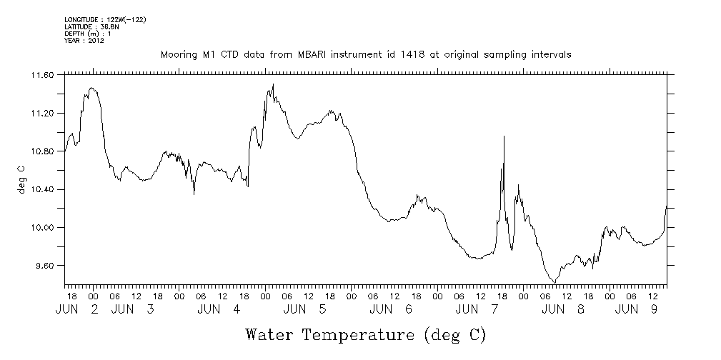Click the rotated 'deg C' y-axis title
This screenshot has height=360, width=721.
point(21,179)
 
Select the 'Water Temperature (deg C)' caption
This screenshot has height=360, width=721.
point(366,334)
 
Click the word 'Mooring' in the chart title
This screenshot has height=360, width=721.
point(177,54)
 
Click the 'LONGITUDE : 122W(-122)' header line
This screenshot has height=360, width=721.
point(105,19)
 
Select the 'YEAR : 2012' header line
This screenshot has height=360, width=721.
point(84,41)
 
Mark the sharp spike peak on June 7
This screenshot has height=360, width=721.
point(504,136)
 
